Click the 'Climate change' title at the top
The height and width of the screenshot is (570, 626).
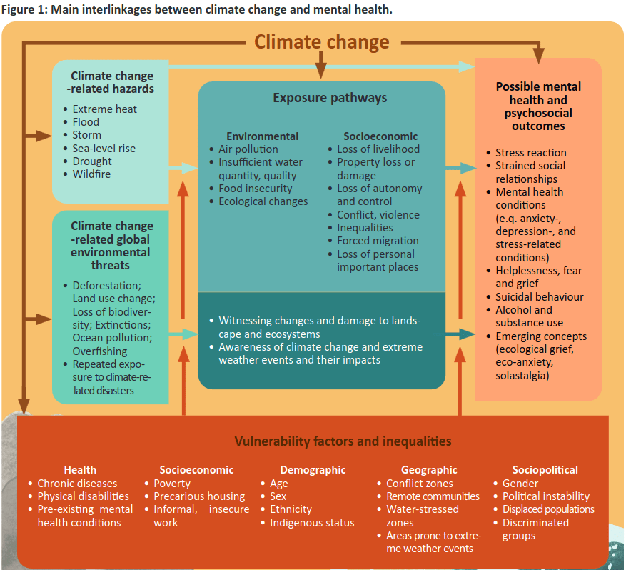pos(322,42)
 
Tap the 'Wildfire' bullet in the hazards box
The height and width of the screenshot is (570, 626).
pos(91,174)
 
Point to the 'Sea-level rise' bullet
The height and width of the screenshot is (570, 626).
pos(104,149)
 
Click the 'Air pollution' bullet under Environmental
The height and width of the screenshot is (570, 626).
pos(248,149)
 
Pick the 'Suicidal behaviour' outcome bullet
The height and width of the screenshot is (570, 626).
pos(539,297)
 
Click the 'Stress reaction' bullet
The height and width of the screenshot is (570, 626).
pos(530,153)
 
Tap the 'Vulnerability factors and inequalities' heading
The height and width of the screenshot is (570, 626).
pos(343,441)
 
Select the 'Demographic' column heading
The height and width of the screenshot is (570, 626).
pos(313,470)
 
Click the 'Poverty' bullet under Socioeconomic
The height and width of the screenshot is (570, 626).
pos(171,484)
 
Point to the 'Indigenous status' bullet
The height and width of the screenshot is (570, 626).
pos(312,523)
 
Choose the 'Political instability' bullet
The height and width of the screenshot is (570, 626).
pos(546,496)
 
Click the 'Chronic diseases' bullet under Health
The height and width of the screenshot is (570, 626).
pos(77,484)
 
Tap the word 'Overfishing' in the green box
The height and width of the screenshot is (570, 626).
pos(100,351)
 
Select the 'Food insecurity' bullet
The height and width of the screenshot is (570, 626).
pos(255,189)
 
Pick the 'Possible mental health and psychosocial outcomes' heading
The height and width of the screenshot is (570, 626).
pos(538,106)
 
